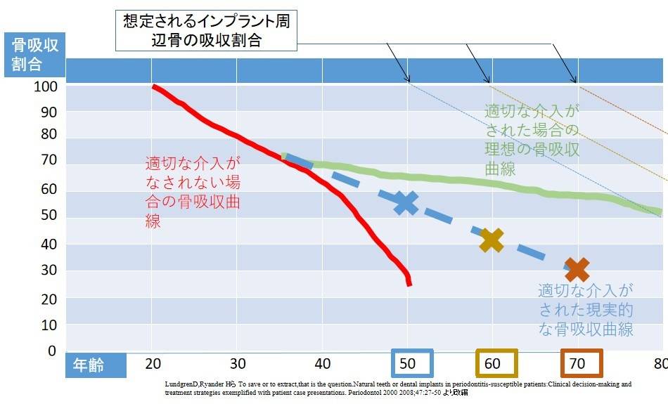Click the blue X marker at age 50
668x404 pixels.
pyautogui.click(x=405, y=202)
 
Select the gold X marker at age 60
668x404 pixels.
pyautogui.click(x=492, y=240)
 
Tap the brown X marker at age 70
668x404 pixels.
pyautogui.click(x=577, y=268)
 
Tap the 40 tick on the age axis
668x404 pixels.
pyautogui.click(x=323, y=364)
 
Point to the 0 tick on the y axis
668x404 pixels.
pyautogui.click(x=51, y=351)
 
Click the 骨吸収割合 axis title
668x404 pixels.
pyautogui.click(x=35, y=55)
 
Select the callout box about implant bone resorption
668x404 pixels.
pyautogui.click(x=205, y=30)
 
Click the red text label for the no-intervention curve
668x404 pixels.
pyautogui.click(x=193, y=191)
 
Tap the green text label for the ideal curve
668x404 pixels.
pyautogui.click(x=532, y=140)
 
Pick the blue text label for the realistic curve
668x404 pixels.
pyautogui.click(x=586, y=309)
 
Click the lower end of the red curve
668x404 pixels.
pyautogui.click(x=409, y=283)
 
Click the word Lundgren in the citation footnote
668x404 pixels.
pyautogui.click(x=184, y=385)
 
